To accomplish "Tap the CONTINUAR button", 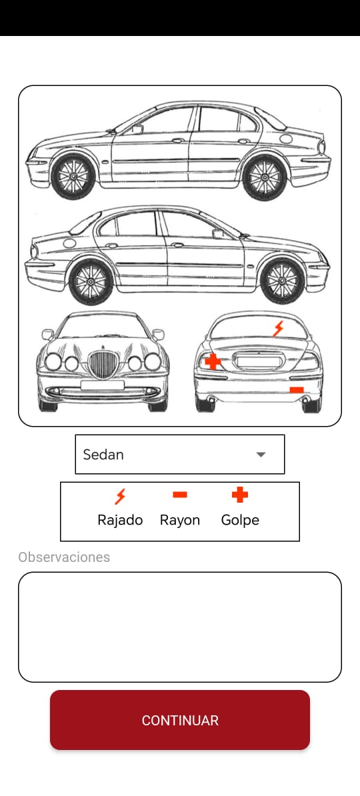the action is pos(180,720).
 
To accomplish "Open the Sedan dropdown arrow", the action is pos(261,455).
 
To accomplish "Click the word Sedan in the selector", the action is pos(103,455).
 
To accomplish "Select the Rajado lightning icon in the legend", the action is pos(120,496).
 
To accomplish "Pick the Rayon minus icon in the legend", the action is pos(180,495).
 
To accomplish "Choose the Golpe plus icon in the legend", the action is pos(239,495).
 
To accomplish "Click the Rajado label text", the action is pos(120,521).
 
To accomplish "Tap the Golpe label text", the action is pos(240,521).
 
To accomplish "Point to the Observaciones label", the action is pos(64,557).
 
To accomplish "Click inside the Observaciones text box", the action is pos(180,627).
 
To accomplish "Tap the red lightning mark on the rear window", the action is pos(278,329).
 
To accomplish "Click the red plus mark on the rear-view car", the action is pos(213,361).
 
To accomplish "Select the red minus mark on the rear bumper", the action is pos(297,390).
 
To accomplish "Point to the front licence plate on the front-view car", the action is pos(102,385).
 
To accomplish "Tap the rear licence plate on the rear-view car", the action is pos(259,362).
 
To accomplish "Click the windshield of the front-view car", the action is pos(102,327).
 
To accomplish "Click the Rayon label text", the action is pos(180,521).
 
